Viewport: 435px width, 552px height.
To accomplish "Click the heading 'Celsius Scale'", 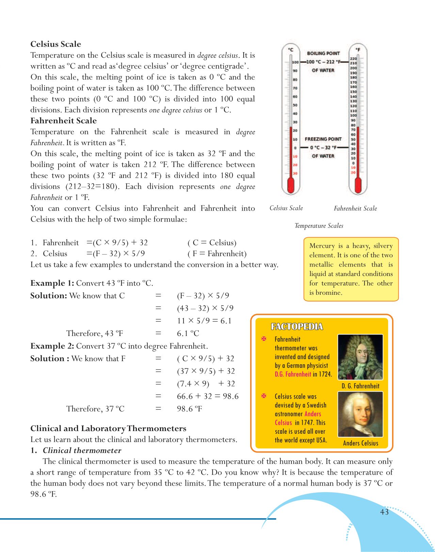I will click(56, 44).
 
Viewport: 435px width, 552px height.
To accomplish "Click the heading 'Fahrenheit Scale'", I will click(64, 121).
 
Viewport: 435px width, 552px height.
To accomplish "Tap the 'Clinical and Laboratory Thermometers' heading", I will click(108, 429).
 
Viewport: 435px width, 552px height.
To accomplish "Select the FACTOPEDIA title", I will click(297, 327).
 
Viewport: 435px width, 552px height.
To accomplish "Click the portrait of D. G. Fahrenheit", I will click(360, 357).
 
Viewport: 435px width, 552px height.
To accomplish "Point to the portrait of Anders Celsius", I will click(360, 414).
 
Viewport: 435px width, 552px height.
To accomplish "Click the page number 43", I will click(384, 512).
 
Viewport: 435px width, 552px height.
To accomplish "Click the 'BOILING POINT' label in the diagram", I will click(323, 53).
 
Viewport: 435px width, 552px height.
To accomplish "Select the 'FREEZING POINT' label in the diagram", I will click(323, 139).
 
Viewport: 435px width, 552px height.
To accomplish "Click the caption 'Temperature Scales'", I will click(319, 226).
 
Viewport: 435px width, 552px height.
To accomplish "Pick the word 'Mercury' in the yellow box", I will click(322, 246).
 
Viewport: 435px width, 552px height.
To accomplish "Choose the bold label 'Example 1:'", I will click(52, 283).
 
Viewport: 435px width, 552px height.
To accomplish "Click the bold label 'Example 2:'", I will click(52, 346).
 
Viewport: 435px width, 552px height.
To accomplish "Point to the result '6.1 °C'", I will click(188, 334).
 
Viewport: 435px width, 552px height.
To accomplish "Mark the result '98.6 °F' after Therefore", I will click(189, 409).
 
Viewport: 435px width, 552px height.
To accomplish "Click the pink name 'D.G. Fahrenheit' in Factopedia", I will click(293, 374).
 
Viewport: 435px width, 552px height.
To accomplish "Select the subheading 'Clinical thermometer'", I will click(82, 450).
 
